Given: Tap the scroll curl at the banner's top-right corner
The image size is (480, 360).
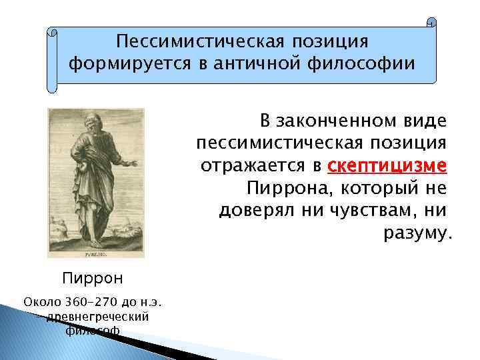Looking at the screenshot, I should click(431, 23).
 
